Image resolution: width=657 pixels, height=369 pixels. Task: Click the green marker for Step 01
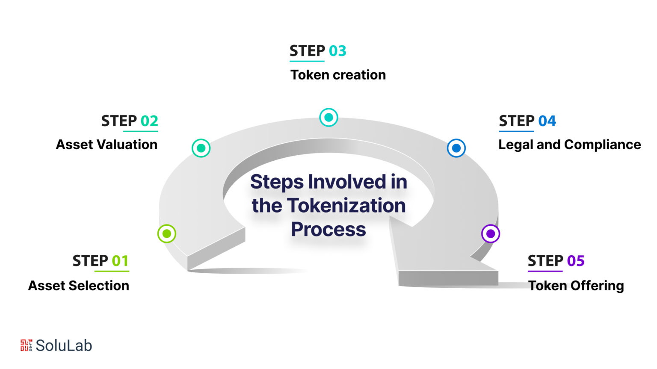[x=167, y=233]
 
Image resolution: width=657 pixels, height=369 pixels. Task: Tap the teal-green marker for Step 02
[x=201, y=148]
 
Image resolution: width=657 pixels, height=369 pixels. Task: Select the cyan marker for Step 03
[x=328, y=117]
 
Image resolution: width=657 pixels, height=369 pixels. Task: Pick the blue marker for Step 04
[x=456, y=148]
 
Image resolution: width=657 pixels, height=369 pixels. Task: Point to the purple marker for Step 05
[x=491, y=233]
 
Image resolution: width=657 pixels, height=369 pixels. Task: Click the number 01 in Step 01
[x=120, y=261]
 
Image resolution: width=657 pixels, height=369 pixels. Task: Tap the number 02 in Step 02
[x=149, y=121]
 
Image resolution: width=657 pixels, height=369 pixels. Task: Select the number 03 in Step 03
[x=337, y=51]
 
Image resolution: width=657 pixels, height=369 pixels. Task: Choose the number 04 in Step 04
[x=547, y=121]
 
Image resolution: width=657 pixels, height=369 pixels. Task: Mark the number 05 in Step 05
[x=576, y=261]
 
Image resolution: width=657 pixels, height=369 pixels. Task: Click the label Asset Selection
[x=79, y=286]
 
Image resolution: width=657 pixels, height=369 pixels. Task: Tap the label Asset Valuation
[x=107, y=145]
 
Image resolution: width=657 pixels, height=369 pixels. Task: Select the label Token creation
[x=338, y=75]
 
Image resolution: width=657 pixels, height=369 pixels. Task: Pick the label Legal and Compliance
[x=569, y=145]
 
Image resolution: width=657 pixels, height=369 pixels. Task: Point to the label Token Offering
[x=576, y=286]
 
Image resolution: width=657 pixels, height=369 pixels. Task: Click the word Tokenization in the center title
[x=346, y=206]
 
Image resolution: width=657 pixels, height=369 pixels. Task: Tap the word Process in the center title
[x=328, y=230]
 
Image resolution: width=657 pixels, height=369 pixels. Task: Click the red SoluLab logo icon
[x=26, y=345]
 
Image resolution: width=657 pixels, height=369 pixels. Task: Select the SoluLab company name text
[x=64, y=345]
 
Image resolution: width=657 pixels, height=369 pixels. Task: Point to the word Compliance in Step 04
[x=602, y=145]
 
